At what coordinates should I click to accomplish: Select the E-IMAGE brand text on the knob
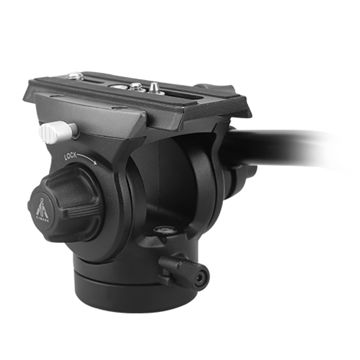click(x=42, y=220)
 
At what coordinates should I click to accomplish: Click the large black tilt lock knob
click(x=67, y=203)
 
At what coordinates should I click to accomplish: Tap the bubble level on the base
click(x=164, y=229)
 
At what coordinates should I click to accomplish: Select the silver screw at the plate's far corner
click(x=75, y=76)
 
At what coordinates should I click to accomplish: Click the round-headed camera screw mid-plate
click(x=136, y=86)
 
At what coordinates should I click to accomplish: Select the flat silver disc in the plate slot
click(x=118, y=87)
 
